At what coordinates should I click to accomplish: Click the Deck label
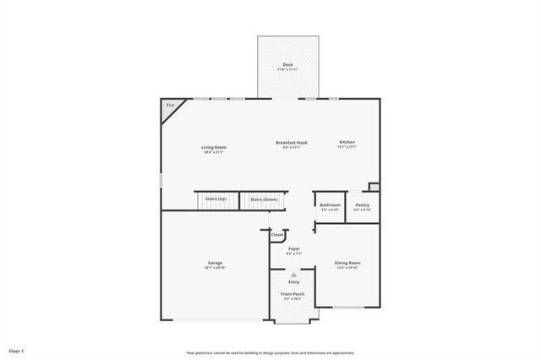(x=287, y=64)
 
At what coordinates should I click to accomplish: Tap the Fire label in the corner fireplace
(x=170, y=105)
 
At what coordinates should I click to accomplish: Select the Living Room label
(x=214, y=147)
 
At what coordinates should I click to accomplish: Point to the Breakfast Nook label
(x=292, y=143)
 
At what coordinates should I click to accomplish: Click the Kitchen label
(x=347, y=142)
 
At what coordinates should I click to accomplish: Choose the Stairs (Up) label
(x=216, y=199)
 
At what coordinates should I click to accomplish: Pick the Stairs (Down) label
(x=264, y=199)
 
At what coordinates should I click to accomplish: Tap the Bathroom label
(x=330, y=205)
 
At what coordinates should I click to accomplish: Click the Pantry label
(x=363, y=205)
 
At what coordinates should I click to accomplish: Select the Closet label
(x=277, y=234)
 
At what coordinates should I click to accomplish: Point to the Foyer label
(x=294, y=248)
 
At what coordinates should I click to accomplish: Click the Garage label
(x=216, y=263)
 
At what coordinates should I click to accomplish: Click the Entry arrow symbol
(x=293, y=274)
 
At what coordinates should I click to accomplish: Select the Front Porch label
(x=293, y=293)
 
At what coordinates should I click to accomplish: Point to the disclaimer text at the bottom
(x=270, y=352)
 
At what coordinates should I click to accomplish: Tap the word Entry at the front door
(x=293, y=281)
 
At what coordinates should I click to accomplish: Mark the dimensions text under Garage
(x=216, y=268)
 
